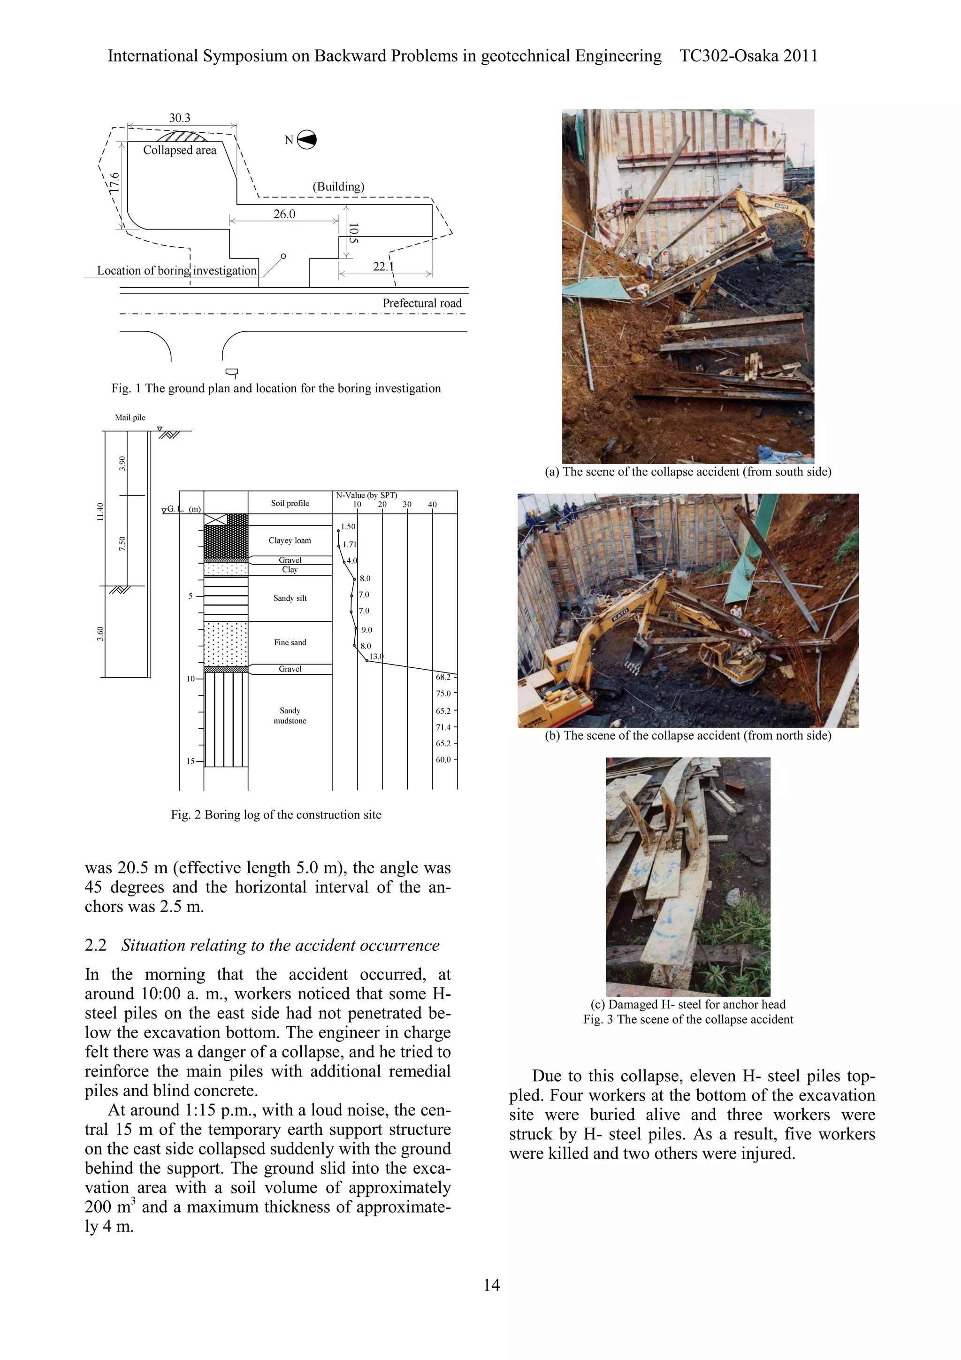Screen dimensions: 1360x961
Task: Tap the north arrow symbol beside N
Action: (307, 140)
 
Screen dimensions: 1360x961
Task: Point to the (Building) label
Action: (338, 187)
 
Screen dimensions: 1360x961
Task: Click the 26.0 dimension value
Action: (284, 214)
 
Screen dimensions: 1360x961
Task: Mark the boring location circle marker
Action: (283, 256)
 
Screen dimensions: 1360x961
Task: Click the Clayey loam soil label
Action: (290, 540)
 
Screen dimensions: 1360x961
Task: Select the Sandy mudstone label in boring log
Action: (290, 716)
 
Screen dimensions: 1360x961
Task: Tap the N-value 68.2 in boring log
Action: (443, 677)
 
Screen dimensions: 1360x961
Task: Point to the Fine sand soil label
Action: (290, 642)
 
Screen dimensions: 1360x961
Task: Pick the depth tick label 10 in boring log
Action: (191, 679)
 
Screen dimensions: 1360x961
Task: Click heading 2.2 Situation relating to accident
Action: (262, 945)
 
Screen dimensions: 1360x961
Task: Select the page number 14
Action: (491, 1285)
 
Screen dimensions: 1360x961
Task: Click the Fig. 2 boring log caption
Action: (276, 815)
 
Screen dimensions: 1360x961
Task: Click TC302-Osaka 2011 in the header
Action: (748, 56)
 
